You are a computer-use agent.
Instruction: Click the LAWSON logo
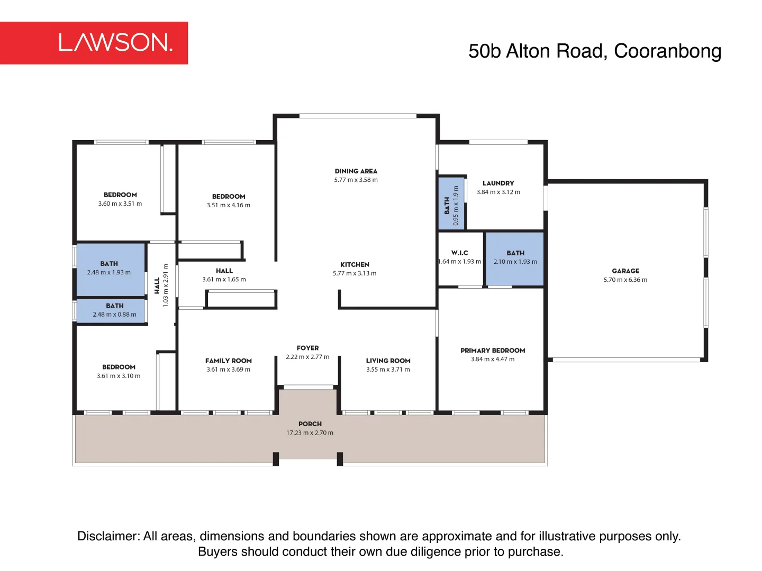pos(115,42)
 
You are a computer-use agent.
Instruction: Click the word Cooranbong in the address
pos(667,51)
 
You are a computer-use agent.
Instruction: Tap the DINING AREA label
pos(356,171)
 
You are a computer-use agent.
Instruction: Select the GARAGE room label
pos(625,271)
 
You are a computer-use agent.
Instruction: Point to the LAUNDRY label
pos(498,183)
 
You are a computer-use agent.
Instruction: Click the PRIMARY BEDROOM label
pos(493,351)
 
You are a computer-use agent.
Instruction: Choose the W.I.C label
pos(459,253)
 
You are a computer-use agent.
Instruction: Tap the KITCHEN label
pos(355,264)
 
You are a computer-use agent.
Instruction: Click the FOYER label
pos(307,348)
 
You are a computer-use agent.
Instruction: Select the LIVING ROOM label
pos(388,361)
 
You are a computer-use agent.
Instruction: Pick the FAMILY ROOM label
pos(229,361)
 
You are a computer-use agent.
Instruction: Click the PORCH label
pos(310,424)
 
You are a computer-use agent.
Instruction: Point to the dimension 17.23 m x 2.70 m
pos(310,433)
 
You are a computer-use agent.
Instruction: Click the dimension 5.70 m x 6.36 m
pos(625,280)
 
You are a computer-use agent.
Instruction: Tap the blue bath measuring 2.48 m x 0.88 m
pos(111,310)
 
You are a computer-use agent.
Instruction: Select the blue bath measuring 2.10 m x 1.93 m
pos(515,259)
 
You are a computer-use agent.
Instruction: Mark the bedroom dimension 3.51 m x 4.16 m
pos(229,205)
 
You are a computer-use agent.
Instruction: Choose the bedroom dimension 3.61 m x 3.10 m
pos(119,376)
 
